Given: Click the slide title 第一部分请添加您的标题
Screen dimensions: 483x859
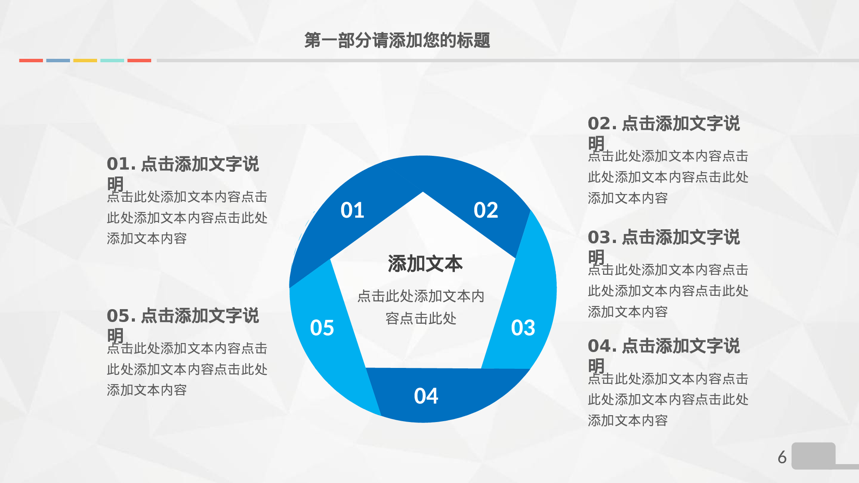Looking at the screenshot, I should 397,40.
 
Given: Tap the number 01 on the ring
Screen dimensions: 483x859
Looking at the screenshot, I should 352,210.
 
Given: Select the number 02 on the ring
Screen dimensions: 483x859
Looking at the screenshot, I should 486,210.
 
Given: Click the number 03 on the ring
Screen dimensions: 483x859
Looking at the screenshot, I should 523,328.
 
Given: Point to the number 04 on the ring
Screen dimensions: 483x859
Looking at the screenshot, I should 426,396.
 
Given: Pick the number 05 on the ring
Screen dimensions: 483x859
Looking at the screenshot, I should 322,328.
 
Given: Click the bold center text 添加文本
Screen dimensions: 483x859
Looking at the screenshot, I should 425,264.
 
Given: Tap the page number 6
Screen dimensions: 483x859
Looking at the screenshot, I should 782,457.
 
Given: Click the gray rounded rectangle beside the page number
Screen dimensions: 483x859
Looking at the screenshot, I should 813,456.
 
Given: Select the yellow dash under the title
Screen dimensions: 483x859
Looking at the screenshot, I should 85,61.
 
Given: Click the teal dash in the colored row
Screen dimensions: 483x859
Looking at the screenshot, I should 112,61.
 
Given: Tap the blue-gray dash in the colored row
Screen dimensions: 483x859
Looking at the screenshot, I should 58,61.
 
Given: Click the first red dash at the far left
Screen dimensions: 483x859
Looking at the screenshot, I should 31,61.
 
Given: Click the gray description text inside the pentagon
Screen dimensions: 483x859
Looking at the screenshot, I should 421,307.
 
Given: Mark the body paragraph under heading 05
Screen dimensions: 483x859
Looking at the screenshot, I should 187,369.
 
